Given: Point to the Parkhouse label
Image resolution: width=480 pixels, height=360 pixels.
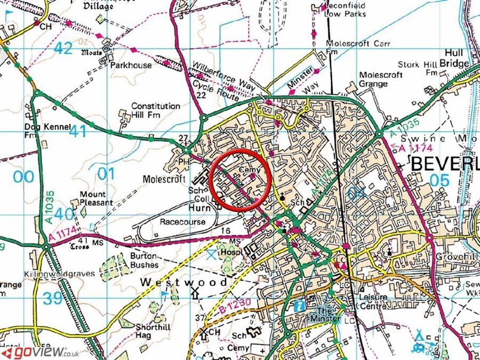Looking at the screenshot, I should point(131,66).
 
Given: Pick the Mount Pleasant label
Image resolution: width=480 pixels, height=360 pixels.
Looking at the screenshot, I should point(96,198).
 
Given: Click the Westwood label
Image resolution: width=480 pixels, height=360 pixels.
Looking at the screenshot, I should point(183,282).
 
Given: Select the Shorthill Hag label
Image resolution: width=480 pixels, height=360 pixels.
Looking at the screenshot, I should point(154,332).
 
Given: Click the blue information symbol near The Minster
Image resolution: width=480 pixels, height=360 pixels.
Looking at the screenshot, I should point(300,306).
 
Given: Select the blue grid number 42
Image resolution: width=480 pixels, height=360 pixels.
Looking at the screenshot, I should point(63,48).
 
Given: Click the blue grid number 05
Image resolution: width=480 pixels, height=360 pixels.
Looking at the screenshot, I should point(439,180).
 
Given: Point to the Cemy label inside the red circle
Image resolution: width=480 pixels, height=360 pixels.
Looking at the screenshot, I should point(249,170).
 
